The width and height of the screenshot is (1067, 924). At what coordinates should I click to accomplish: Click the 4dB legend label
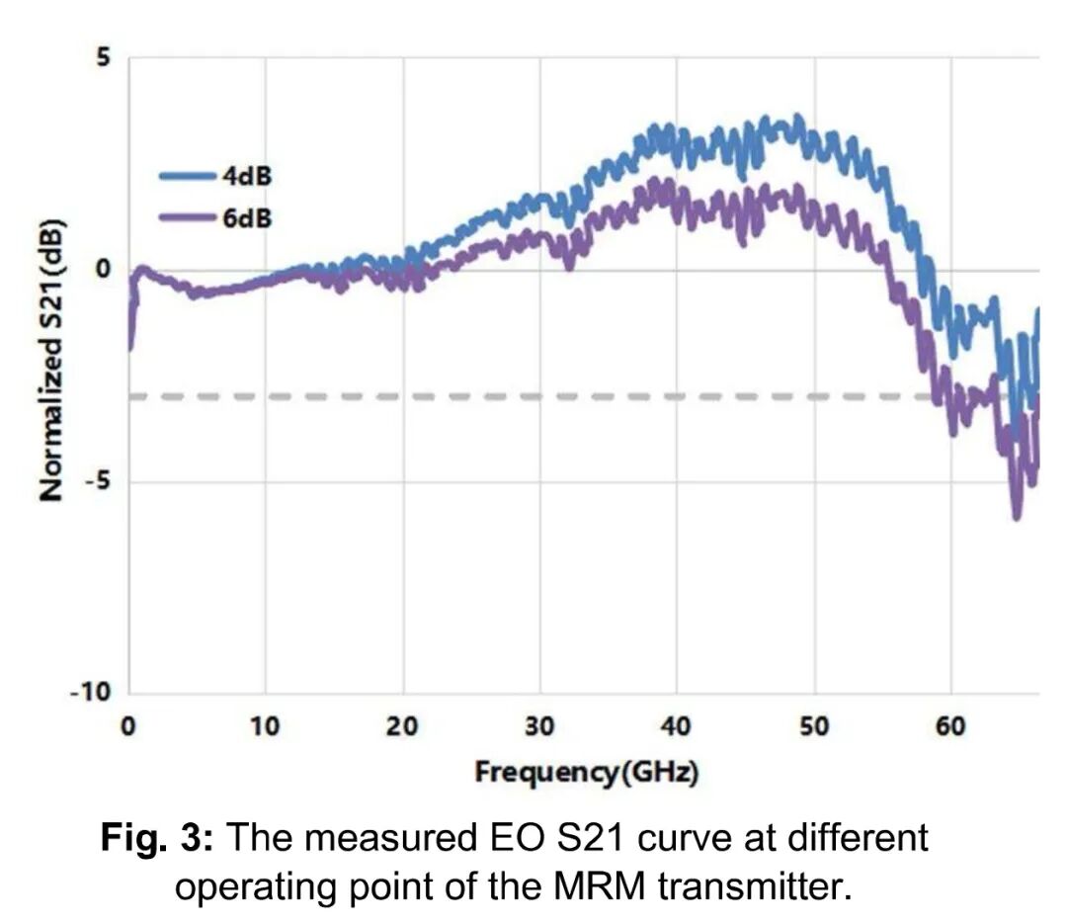(246, 178)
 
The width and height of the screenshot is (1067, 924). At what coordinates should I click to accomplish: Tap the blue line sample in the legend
(187, 178)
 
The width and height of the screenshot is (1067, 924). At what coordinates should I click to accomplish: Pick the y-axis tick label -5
(97, 481)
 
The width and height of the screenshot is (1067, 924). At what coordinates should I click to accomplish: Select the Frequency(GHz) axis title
(586, 772)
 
